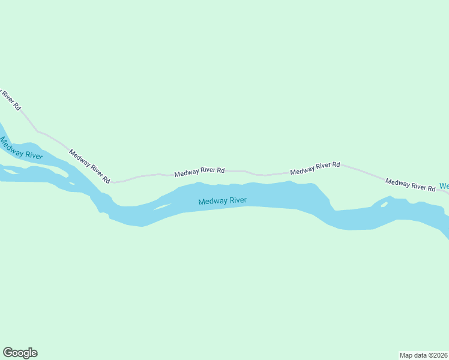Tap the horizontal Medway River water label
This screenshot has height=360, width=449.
click(223, 201)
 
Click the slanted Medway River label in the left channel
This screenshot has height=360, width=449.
click(21, 149)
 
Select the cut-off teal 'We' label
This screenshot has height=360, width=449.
click(444, 186)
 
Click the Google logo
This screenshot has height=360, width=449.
click(20, 353)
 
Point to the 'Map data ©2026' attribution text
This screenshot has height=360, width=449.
click(424, 355)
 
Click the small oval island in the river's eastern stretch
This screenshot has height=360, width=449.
click(384, 205)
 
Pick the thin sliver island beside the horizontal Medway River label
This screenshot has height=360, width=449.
click(163, 207)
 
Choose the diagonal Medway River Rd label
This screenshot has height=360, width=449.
click(89, 166)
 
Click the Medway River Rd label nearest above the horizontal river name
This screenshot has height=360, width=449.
click(199, 173)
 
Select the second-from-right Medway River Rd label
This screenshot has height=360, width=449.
click(315, 169)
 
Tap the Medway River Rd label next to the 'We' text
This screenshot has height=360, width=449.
click(410, 185)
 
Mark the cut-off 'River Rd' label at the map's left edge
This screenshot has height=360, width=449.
click(10, 100)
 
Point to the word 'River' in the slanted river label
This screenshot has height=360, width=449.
click(33, 155)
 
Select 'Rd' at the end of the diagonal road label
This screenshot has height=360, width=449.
click(106, 179)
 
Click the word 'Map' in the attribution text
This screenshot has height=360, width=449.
click(406, 355)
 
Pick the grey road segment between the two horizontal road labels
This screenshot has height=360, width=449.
click(257, 175)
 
